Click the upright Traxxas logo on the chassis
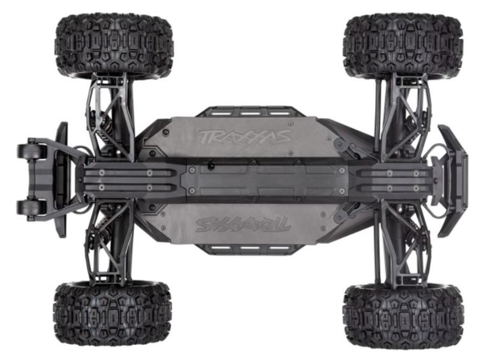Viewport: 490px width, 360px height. (244, 137)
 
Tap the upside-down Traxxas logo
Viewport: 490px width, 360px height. (243, 225)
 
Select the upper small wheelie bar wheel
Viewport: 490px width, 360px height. (32, 151)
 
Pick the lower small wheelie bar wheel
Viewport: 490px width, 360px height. (32, 207)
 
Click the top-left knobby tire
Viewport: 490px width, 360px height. (114, 45)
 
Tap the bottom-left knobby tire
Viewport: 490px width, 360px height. (112, 313)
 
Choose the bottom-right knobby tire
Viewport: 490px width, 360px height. (403, 315)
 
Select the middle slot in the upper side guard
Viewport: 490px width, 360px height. (249, 113)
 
